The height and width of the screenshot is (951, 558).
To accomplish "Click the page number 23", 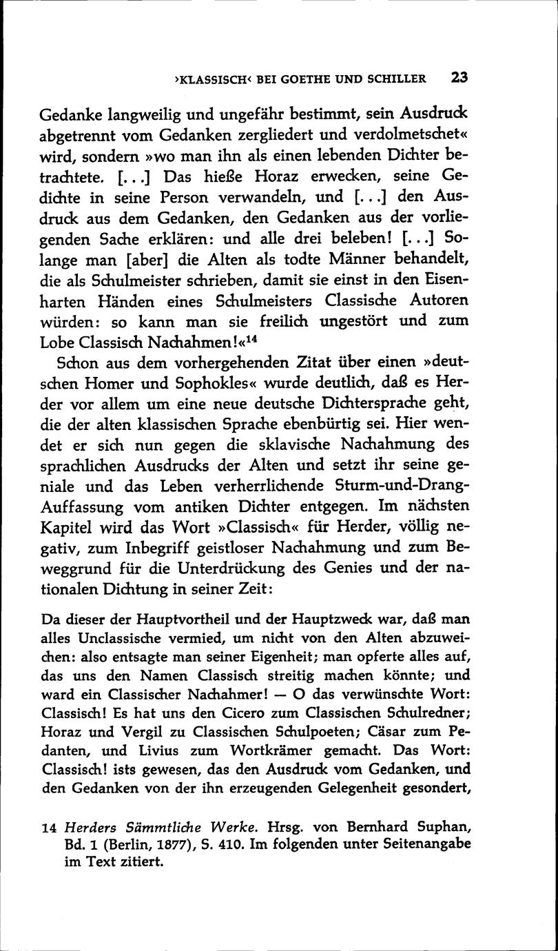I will [x=459, y=77].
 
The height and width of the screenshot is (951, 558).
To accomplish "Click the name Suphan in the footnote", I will [x=438, y=826].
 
